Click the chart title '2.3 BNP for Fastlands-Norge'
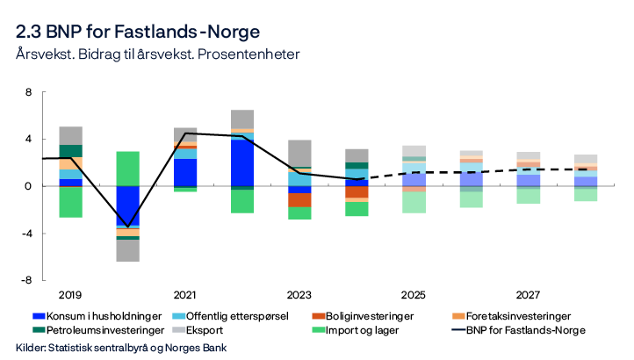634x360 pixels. click(x=137, y=32)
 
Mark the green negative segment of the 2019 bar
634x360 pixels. click(x=71, y=202)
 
